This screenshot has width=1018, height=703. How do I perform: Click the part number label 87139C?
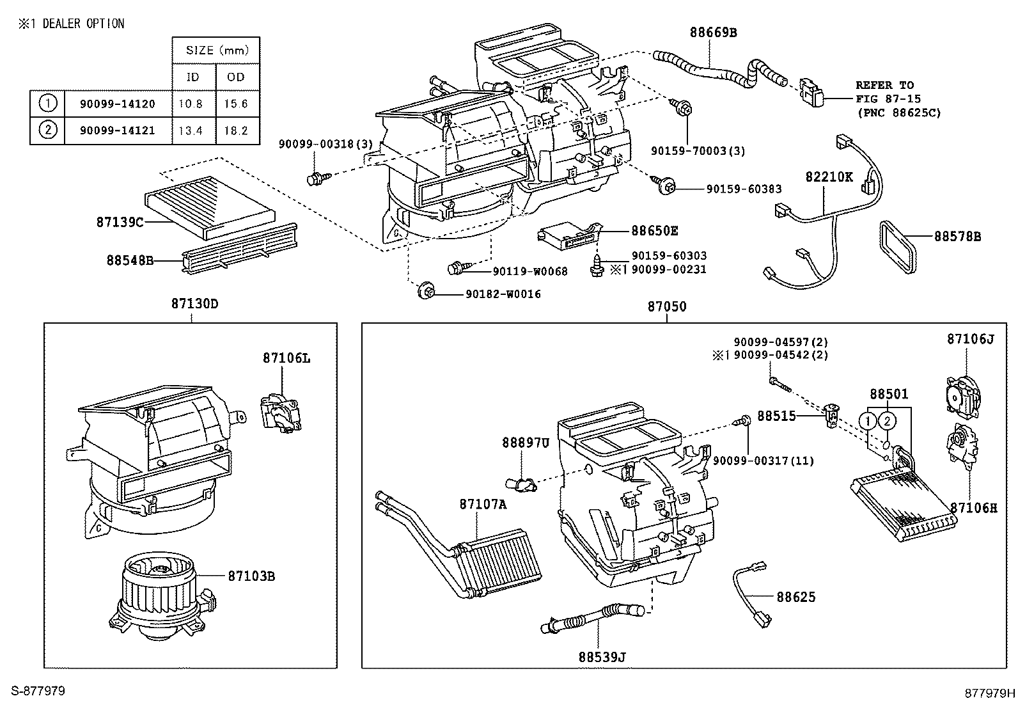pyautogui.click(x=120, y=222)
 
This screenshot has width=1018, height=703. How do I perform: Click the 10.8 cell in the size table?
pyautogui.click(x=192, y=104)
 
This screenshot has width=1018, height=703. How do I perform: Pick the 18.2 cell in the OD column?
pyautogui.click(x=237, y=130)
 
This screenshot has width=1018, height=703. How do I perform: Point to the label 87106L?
pyautogui.click(x=286, y=358)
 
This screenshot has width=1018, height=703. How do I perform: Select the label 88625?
pyautogui.click(x=796, y=597)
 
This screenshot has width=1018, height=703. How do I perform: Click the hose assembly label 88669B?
pyautogui.click(x=713, y=32)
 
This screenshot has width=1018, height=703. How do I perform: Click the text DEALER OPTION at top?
pyautogui.click(x=83, y=24)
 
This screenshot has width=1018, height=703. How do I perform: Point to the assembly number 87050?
pyautogui.click(x=666, y=306)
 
